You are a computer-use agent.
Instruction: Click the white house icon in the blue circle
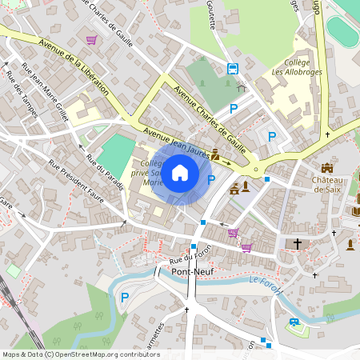[x=180, y=172]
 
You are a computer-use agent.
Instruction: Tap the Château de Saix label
[x=328, y=184]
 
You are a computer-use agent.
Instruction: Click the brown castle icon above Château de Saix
[x=326, y=167]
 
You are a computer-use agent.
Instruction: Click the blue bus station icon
[x=232, y=69]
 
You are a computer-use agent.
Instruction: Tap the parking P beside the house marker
[x=211, y=180]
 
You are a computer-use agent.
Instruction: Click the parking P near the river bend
[x=124, y=298]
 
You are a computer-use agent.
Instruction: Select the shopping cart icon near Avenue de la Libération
[x=92, y=39]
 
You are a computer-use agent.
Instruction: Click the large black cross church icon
[x=298, y=243]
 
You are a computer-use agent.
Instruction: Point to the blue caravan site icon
[x=294, y=322]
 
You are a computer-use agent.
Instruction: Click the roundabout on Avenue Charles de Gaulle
[x=256, y=169]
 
